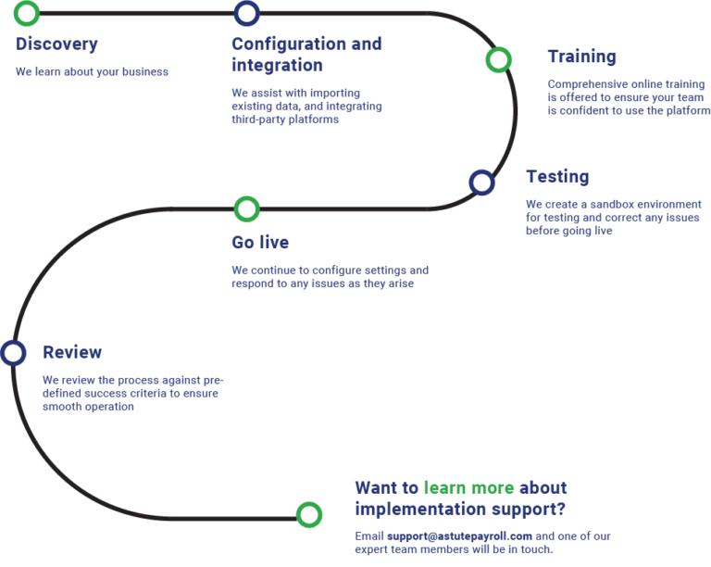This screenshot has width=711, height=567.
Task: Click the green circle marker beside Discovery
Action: (27, 13)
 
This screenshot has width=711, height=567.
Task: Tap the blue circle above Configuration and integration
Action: (246, 13)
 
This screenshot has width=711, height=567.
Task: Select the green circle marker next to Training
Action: (498, 60)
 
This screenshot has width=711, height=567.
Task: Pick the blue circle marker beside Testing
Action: (481, 182)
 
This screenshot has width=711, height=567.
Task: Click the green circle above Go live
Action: (246, 208)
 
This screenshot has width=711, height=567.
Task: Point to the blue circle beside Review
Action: (13, 353)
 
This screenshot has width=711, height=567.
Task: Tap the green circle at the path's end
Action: (308, 514)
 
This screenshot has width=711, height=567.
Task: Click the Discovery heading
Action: (56, 44)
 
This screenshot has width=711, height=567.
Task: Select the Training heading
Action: (581, 57)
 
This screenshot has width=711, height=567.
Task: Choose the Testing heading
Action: (557, 176)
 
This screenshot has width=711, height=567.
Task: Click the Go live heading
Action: (260, 243)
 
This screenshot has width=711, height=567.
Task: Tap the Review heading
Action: (72, 352)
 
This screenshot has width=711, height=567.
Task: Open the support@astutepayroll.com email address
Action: (460, 536)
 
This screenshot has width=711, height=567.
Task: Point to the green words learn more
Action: (468, 487)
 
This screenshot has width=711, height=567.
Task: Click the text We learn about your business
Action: (92, 71)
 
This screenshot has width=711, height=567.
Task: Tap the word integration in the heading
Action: (277, 65)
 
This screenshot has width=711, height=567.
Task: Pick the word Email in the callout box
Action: (369, 536)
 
